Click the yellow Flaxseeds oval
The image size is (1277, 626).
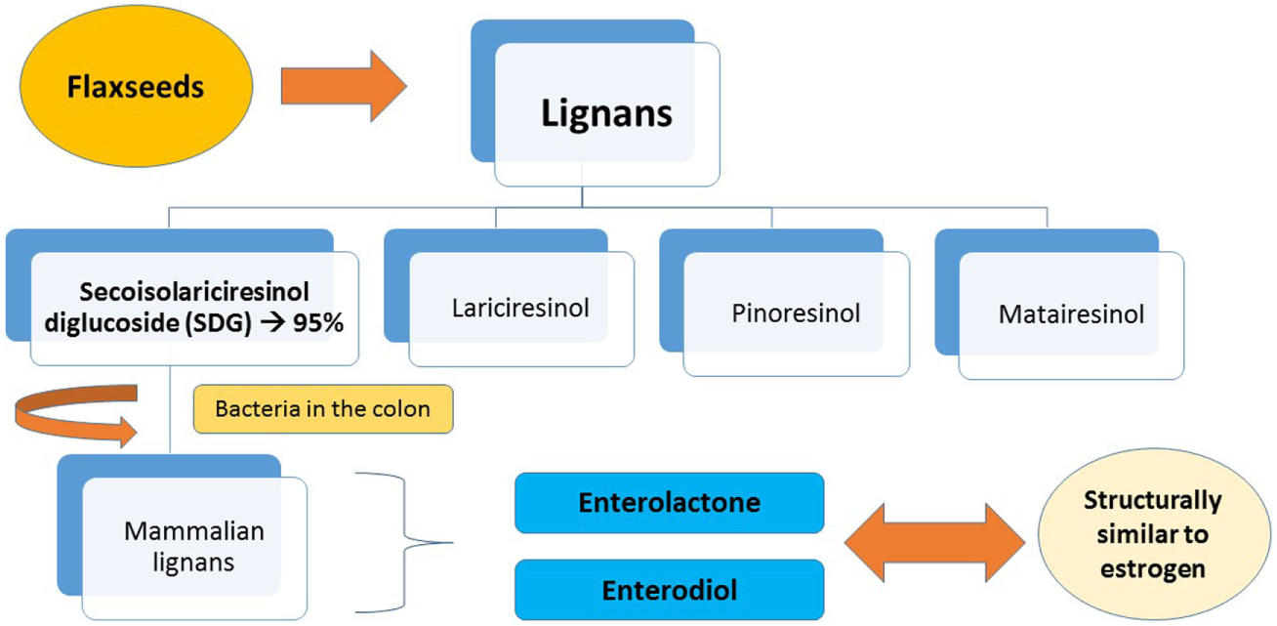pos(136,88)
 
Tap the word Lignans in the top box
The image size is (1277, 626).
pos(606,113)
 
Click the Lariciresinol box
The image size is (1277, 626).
pos(520,308)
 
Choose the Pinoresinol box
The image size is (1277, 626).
pos(795,314)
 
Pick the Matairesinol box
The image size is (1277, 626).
pos(1071,315)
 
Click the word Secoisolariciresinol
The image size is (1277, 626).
pos(196,293)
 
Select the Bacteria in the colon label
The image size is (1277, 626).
pos(323,408)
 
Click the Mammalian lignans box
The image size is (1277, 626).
pos(194,547)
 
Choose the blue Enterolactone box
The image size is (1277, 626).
pos(669,503)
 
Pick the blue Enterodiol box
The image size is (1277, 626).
pos(669,591)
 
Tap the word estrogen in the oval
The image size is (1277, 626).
pos(1152,568)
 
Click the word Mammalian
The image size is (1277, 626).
pos(194,532)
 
